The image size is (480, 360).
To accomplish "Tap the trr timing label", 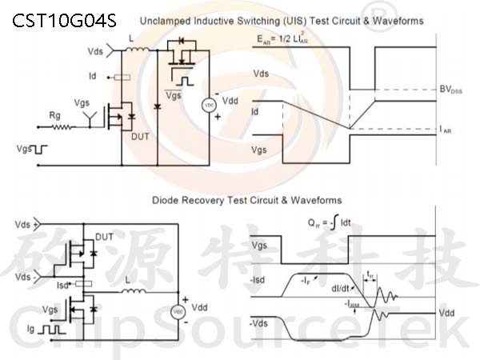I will [370, 274].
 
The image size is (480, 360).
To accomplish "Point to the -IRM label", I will [352, 304].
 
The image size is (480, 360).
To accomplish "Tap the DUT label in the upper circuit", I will [140, 137].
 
